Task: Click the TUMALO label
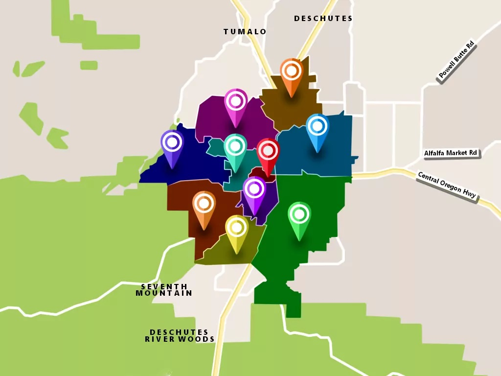tap(245, 32)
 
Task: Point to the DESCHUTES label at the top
tap(323, 19)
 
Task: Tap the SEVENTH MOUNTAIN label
tap(164, 290)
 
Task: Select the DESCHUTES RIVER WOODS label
tap(180, 335)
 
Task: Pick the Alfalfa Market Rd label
tap(451, 153)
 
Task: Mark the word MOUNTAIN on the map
tap(164, 293)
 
